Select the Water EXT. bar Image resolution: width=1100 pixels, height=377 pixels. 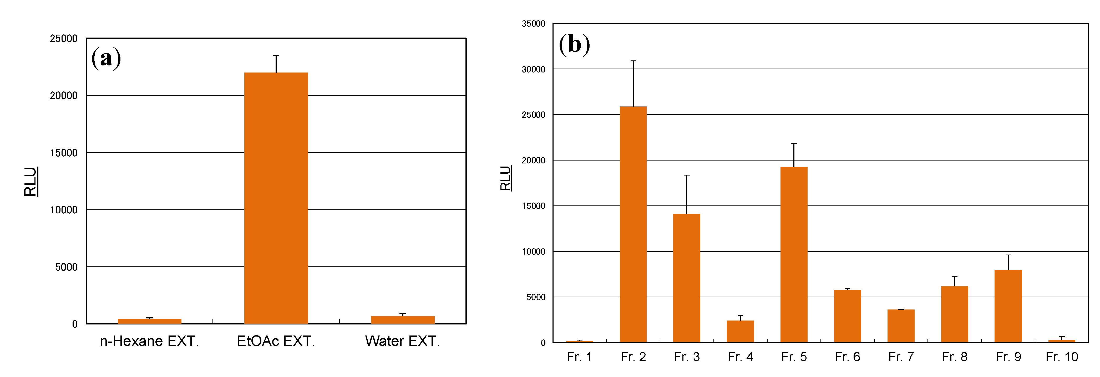(402, 320)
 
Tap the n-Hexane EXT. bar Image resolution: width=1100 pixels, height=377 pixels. (149, 321)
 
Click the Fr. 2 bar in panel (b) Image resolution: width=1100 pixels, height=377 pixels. (633, 224)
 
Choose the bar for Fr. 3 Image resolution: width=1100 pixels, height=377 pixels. (687, 278)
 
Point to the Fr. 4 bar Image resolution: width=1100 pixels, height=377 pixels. (740, 331)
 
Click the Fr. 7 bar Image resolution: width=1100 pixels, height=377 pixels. (901, 326)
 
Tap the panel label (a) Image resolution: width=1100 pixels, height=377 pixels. (106, 58)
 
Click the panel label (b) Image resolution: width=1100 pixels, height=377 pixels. (574, 44)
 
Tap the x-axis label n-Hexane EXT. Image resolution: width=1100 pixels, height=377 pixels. (149, 341)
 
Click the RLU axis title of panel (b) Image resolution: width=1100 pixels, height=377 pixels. (506, 178)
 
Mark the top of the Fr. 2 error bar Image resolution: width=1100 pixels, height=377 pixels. (633, 61)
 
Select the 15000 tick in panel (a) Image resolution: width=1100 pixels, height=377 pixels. (64, 153)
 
